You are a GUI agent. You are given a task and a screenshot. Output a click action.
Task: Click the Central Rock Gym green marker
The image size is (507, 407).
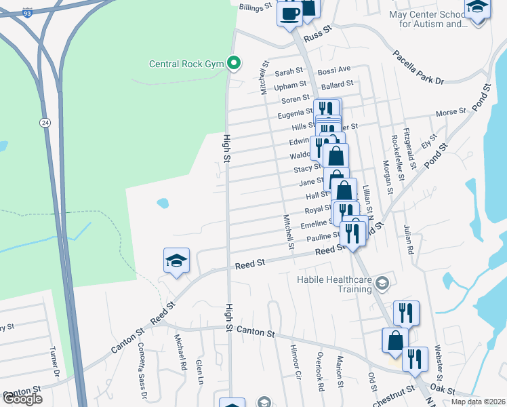(235, 64)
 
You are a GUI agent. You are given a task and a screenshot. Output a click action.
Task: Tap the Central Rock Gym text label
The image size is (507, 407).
(188, 65)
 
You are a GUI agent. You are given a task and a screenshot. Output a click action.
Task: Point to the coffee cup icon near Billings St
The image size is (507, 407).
(289, 13)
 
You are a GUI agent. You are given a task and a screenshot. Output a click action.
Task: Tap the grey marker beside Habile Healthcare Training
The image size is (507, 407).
(382, 282)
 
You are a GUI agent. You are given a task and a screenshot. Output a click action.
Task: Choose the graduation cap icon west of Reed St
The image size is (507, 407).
(176, 261)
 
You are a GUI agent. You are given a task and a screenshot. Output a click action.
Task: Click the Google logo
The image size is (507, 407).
(22, 399)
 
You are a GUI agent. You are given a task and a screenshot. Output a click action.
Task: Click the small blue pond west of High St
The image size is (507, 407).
(163, 202)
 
